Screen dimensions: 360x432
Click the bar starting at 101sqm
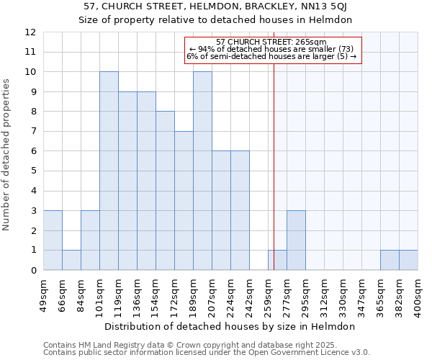pos(109,171)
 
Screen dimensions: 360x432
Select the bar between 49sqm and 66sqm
pos(53,240)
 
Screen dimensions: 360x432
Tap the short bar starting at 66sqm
pos(71,260)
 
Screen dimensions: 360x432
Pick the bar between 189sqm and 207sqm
pos(202,171)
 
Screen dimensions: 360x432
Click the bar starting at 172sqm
pos(184,201)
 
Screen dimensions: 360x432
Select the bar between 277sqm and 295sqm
pos(296,240)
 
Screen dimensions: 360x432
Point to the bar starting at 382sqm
pos(408,260)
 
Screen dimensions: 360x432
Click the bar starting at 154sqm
pos(165,191)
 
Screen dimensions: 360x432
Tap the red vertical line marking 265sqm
pos(274,158)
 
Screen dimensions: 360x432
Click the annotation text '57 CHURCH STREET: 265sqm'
pos(271,42)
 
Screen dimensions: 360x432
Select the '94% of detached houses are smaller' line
pos(271,49)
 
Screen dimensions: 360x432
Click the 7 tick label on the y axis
pos(33,132)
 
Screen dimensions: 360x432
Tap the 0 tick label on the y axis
pos(33,271)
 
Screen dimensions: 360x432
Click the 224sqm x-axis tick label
pos(231,295)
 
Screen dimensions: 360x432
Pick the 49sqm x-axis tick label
pos(44,295)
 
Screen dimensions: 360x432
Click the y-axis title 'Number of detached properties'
pos(6,156)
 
